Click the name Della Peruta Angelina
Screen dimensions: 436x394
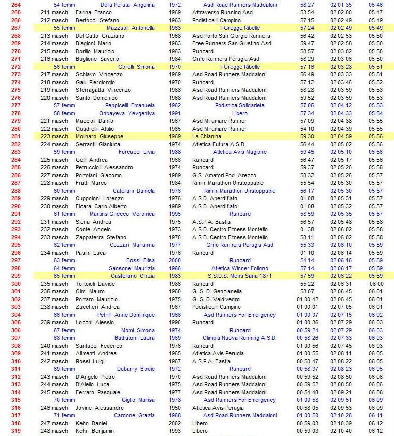[127, 5]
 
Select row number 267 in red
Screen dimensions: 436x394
[15, 28]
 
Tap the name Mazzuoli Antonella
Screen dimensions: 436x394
[130, 28]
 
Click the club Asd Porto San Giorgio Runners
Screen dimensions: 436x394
[231, 36]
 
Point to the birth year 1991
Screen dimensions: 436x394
[175, 113]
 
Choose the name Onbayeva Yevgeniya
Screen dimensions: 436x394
[127, 113]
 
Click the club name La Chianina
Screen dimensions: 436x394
[207, 136]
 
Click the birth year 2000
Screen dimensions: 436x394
[175, 260]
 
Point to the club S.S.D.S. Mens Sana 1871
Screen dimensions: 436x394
[240, 276]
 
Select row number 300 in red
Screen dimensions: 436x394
[15, 284]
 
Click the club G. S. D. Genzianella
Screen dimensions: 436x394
[217, 291]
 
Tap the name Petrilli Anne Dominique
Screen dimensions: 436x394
[126, 315]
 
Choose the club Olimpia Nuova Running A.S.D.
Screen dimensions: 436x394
[240, 338]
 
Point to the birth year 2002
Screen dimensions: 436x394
[175, 423]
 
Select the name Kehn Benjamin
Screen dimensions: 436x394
[95, 431]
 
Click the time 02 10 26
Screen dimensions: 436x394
[341, 415]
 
